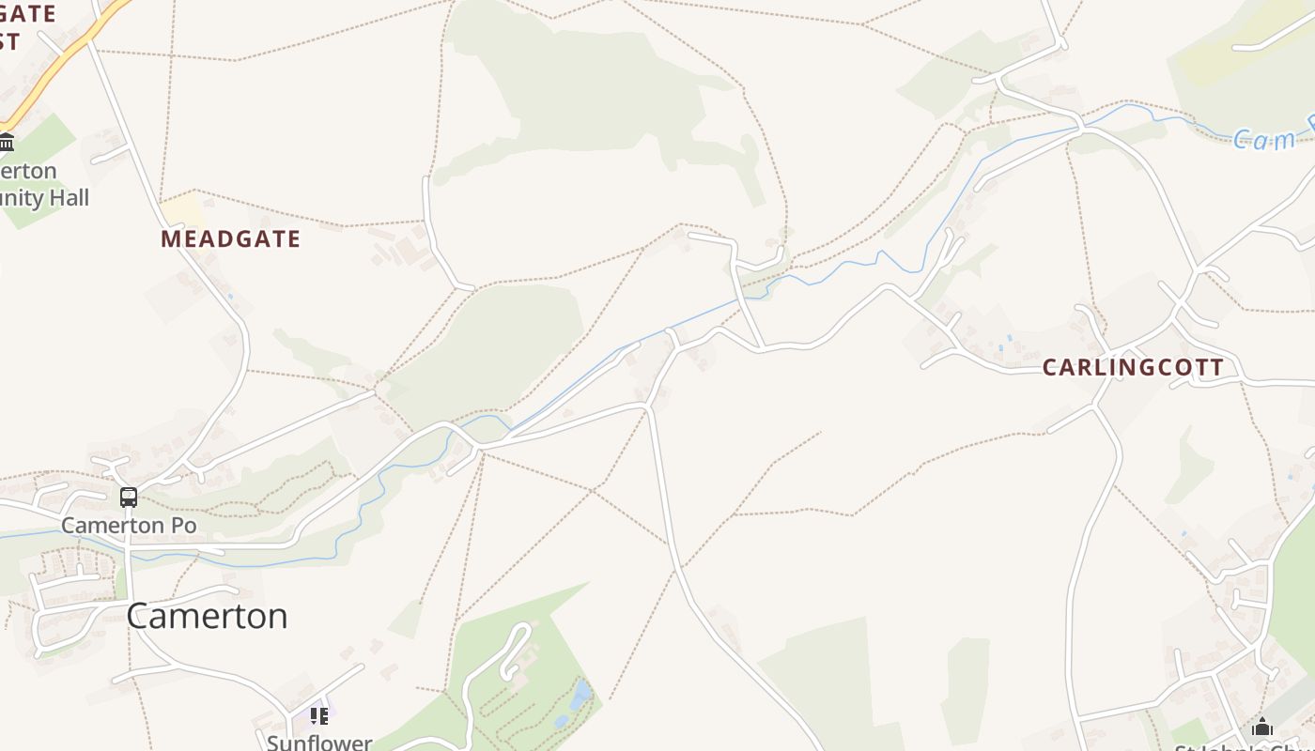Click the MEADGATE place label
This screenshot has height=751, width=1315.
tap(230, 239)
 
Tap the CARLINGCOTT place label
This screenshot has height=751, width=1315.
tap(1133, 367)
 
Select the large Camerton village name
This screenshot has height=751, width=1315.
tap(207, 616)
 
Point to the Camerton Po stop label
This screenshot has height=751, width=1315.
tap(129, 526)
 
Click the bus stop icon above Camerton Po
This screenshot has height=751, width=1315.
tap(129, 498)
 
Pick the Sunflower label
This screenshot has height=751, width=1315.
tap(319, 742)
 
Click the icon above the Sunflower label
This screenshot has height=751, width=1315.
tap(319, 716)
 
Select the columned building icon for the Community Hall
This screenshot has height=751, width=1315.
tap(7, 143)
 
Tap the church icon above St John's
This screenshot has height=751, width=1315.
tap(1262, 728)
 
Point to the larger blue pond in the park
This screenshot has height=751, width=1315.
tap(581, 694)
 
